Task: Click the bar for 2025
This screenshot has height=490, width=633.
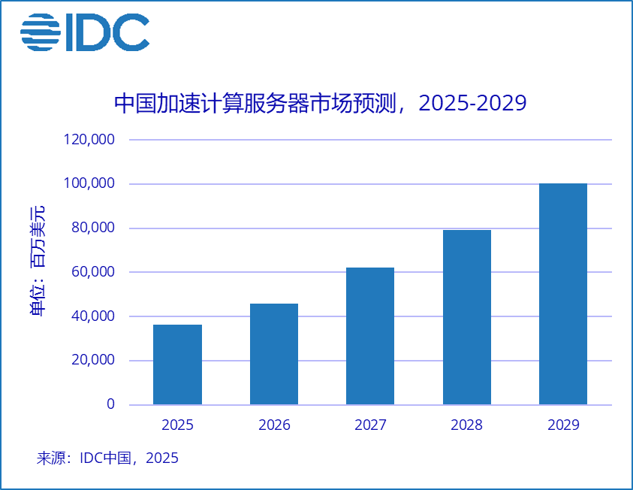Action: [177, 364]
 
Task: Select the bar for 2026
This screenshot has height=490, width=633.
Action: [274, 354]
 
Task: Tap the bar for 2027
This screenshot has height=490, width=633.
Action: [370, 336]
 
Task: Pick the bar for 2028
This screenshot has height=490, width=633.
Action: [467, 317]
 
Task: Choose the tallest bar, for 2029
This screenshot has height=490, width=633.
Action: [563, 294]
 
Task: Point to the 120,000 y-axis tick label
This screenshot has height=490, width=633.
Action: [89, 140]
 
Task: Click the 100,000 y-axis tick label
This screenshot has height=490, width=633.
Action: [89, 184]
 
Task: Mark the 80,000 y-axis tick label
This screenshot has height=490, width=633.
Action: [93, 228]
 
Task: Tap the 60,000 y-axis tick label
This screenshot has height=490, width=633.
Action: [93, 272]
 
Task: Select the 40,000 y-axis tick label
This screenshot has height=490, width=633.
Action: [93, 316]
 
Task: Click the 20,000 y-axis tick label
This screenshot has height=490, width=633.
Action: [93, 360]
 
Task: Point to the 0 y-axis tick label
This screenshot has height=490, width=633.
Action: [110, 404]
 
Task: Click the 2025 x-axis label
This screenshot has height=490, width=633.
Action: [177, 425]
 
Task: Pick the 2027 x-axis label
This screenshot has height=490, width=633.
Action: [370, 425]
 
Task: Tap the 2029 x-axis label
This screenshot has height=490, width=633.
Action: [563, 425]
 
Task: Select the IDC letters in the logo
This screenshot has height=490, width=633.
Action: [107, 32]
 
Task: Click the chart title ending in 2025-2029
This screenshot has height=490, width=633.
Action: [320, 103]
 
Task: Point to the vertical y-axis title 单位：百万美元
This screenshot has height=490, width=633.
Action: [38, 259]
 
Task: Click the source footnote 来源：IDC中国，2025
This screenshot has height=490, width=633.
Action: [107, 458]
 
